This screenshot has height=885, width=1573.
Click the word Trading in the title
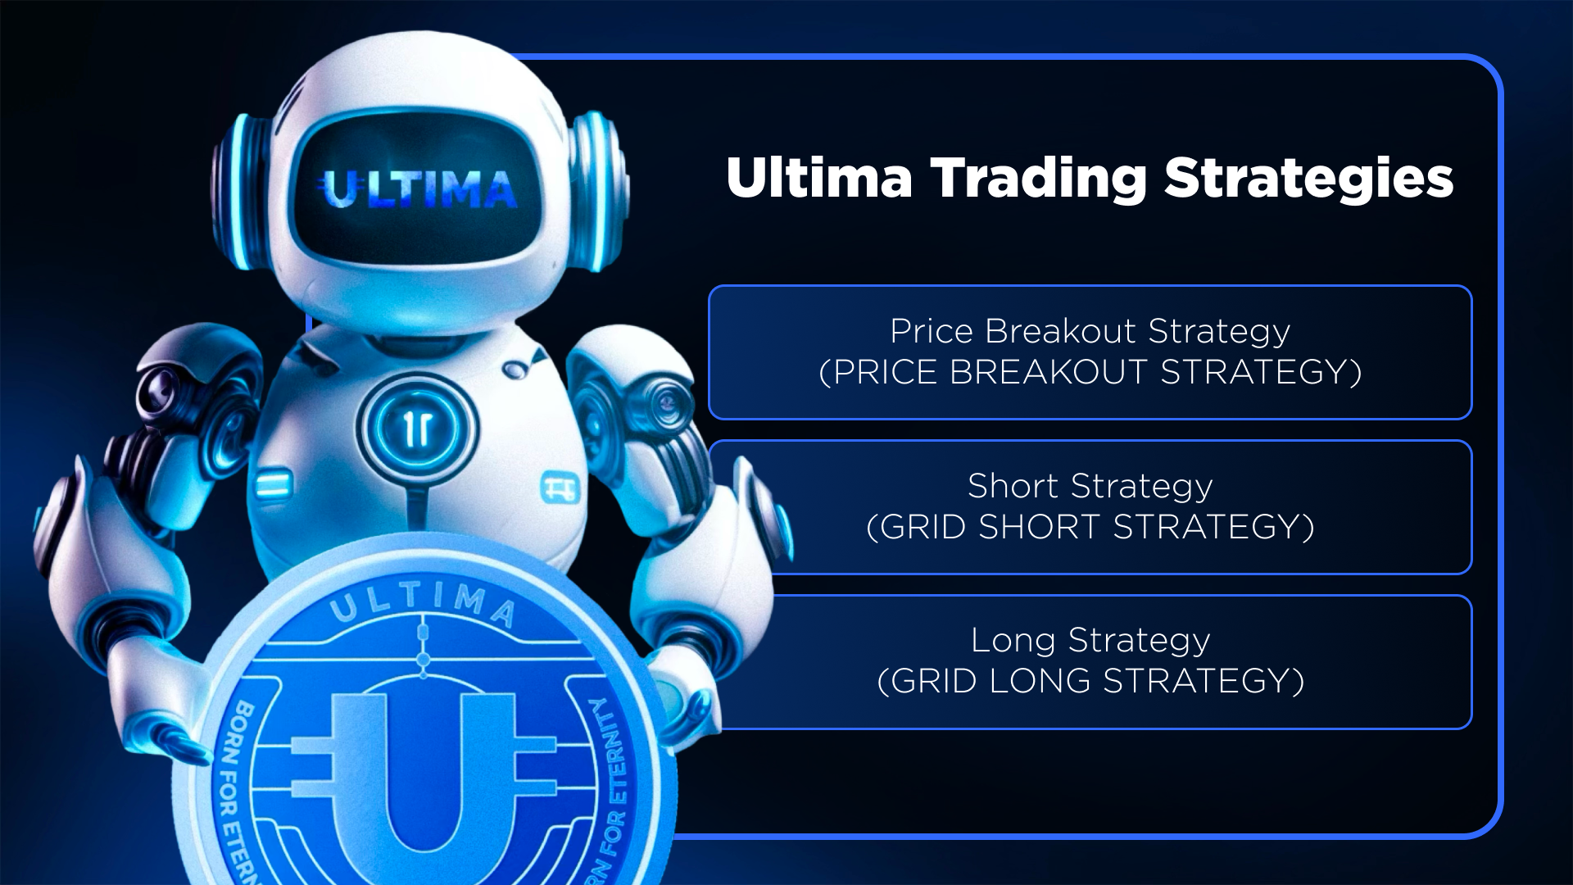(1039, 179)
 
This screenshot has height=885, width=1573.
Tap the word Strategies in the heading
(1309, 179)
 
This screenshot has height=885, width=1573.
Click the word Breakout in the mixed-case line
(1060, 331)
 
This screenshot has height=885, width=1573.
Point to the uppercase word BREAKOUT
(1048, 372)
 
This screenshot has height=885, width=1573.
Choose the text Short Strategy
(1090, 486)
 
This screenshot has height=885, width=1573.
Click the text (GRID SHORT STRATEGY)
(1090, 527)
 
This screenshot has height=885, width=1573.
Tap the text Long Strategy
(1090, 640)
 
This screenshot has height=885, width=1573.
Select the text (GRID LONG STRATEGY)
(1090, 681)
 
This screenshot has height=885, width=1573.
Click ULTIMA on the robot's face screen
(418, 189)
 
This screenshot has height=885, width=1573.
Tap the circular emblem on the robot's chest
(417, 428)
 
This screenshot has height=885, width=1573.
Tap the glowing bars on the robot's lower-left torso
(273, 483)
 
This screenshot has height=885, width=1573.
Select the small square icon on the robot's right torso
(560, 488)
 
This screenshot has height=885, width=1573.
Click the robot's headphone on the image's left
(242, 193)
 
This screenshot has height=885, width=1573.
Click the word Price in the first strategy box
(932, 331)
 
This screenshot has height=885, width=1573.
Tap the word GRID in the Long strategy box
(933, 681)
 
